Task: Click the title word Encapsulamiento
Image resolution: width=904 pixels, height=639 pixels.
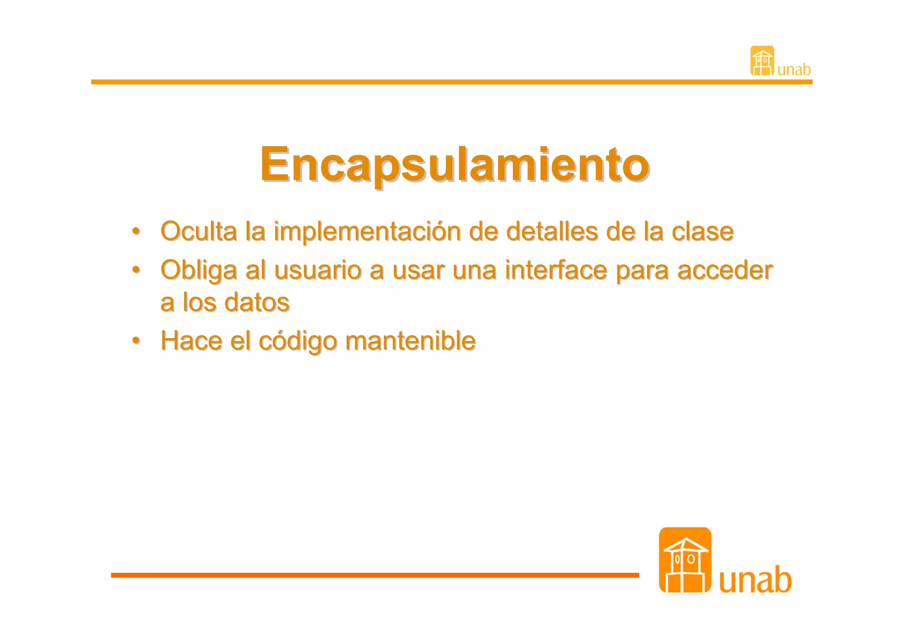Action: point(454,164)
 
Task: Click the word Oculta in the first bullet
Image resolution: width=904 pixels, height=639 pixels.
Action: point(199,231)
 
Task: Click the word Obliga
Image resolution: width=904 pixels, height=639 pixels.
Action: point(199,270)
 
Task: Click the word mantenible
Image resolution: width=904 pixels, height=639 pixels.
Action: point(411,340)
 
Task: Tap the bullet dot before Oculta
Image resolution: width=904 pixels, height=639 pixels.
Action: point(136,231)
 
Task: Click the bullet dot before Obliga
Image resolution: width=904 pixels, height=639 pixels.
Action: point(136,269)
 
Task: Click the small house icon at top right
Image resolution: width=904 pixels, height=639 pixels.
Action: point(762,60)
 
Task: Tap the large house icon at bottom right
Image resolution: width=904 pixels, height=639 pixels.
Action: point(685,560)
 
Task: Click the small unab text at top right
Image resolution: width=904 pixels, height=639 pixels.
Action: point(794,70)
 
